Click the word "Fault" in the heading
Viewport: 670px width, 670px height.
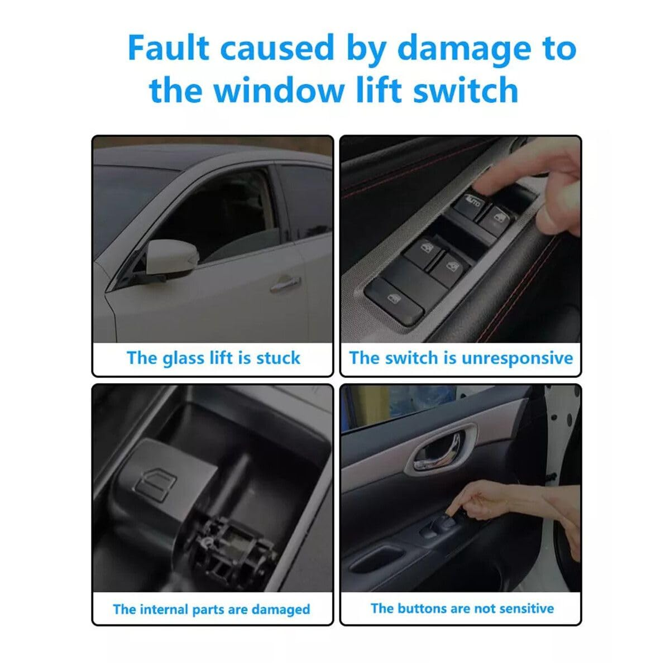click(x=169, y=49)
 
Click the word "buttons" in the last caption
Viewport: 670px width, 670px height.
click(x=423, y=608)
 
